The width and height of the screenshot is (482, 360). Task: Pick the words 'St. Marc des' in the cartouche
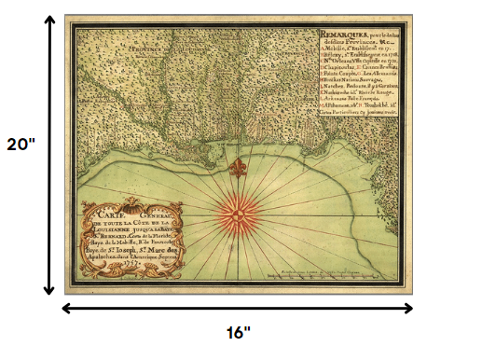(x=145, y=253)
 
